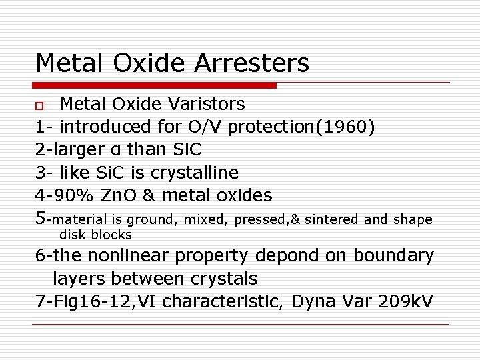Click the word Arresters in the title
[x=263, y=63]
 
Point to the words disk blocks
[x=95, y=235]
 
